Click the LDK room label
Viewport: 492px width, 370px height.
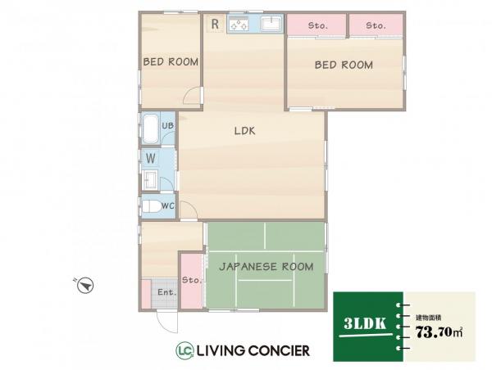[244, 131]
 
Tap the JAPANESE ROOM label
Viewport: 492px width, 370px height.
[266, 267]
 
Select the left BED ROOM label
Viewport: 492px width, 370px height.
[171, 61]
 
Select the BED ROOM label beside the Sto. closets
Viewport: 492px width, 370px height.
[344, 65]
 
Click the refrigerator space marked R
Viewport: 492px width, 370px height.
[215, 24]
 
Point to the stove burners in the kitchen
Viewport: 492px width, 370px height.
[239, 25]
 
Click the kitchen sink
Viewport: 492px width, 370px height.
[271, 24]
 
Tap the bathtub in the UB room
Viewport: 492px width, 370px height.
[150, 129]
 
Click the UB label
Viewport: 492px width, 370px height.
[167, 125]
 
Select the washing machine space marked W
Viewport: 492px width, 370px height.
[151, 159]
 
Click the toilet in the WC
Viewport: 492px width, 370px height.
[152, 206]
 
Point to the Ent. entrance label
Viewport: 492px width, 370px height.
[167, 292]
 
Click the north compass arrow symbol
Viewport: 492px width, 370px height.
[85, 285]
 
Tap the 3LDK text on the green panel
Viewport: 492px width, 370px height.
[365, 323]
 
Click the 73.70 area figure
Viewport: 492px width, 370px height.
[434, 332]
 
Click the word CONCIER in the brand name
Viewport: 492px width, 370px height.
[279, 350]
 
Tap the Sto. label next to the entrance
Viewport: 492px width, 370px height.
[191, 280]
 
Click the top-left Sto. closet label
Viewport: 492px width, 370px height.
[318, 25]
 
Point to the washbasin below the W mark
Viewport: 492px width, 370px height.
[150, 180]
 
